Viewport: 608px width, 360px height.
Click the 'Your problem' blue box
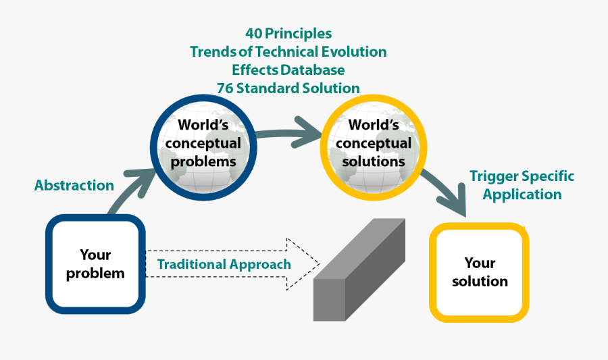[95, 263]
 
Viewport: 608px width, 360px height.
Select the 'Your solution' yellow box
[479, 272]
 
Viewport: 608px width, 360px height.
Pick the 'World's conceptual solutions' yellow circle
[373, 143]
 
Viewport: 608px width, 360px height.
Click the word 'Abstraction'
[74, 185]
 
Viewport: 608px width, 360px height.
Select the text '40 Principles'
[288, 33]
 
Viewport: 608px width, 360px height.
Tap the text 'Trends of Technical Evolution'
[288, 52]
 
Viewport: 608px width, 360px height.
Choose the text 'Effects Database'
[288, 70]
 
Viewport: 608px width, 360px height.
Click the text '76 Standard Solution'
[288, 88]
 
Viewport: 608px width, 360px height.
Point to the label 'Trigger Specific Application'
[522, 185]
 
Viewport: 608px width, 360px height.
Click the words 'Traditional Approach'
[224, 264]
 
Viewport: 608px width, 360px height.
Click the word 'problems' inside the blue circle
[203, 162]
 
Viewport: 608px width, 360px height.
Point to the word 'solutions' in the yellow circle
[373, 162]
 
